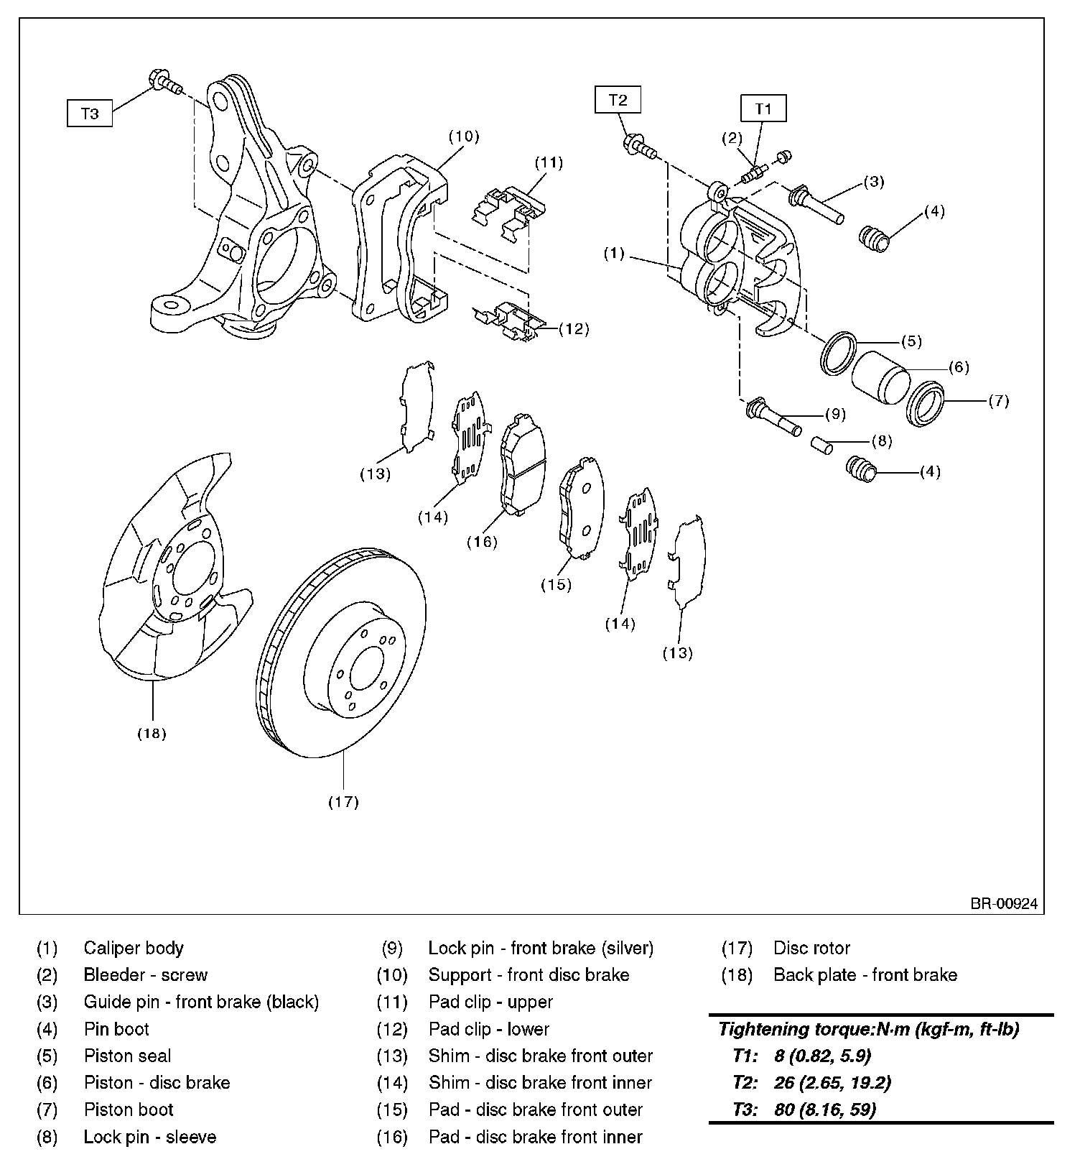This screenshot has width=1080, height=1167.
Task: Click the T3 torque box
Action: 90,114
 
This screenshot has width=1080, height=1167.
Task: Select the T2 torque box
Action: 618,99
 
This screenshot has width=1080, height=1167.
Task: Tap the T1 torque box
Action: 763,109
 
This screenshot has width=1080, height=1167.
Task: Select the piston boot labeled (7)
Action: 926,403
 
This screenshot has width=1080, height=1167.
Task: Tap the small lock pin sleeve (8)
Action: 821,444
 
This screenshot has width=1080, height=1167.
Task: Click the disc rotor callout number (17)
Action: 343,801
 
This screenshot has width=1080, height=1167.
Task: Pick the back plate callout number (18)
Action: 152,733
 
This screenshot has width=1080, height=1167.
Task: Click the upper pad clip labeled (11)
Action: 509,211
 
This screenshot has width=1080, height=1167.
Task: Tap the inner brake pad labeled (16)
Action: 522,463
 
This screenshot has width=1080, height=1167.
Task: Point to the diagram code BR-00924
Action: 1004,904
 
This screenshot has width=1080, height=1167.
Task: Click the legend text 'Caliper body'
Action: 134,948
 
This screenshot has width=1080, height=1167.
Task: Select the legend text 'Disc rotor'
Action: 811,948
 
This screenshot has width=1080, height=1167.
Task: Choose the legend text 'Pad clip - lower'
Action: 488,1029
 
